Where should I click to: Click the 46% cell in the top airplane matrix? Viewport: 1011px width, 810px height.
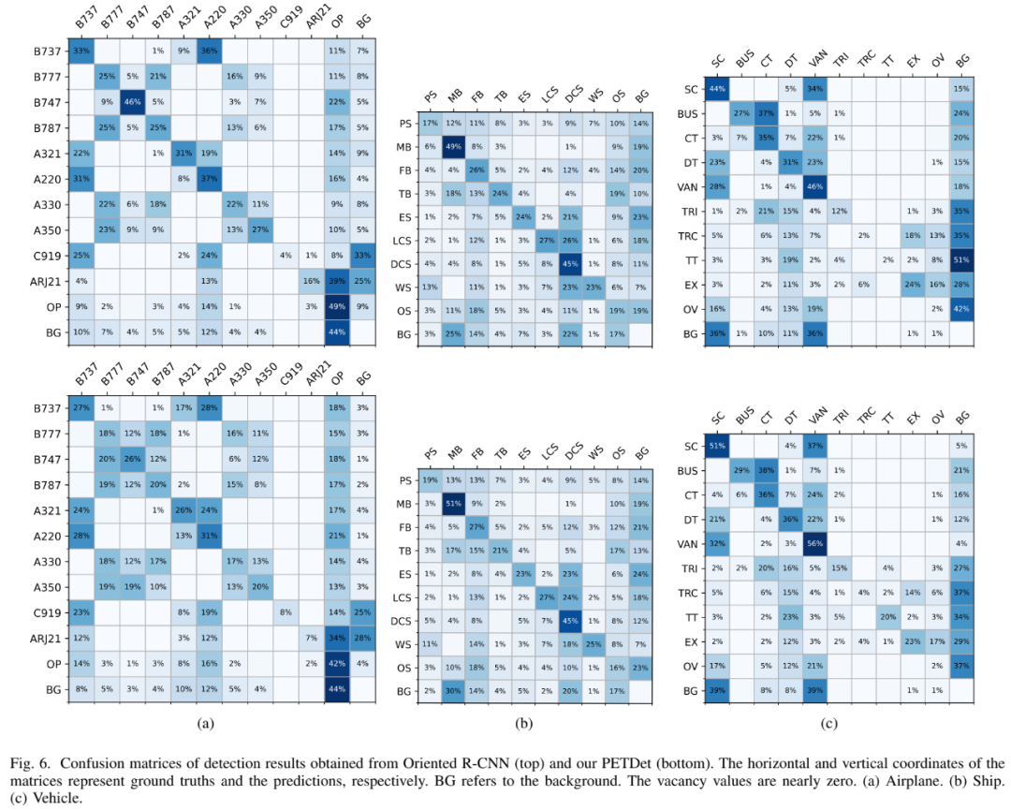coord(132,100)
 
